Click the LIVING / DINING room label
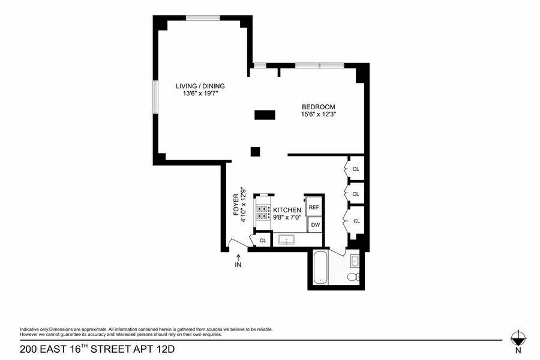point(200,86)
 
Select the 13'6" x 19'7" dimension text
point(200,94)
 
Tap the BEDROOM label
point(318,107)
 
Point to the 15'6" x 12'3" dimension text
point(318,115)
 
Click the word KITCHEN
point(287,210)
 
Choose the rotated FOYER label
point(236,205)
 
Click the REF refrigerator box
point(314,208)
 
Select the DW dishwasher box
point(315,225)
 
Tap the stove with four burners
point(263,213)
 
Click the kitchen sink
point(288,240)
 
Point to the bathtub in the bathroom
point(320,268)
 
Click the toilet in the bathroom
point(354,277)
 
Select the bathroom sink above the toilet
point(354,261)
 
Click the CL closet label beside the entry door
point(262,241)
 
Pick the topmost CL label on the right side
point(356,169)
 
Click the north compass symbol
point(517,337)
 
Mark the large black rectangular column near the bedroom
point(264,115)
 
